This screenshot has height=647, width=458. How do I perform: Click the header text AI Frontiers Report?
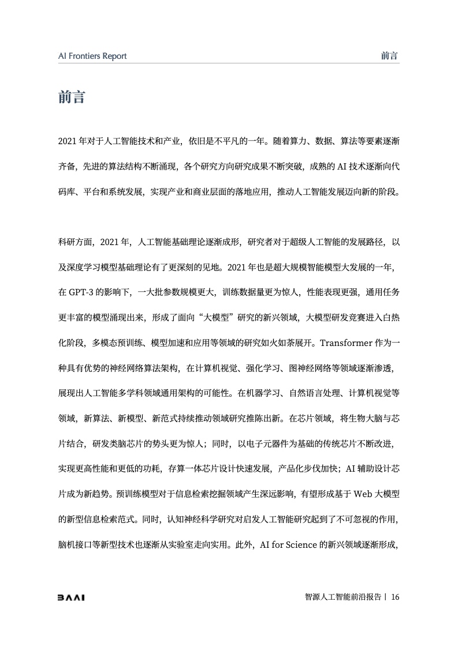click(92, 56)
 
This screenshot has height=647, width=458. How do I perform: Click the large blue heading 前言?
click(72, 97)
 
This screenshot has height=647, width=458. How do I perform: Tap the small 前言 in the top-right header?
click(390, 56)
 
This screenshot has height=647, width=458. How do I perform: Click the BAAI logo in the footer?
click(72, 597)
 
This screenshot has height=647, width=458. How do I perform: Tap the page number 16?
click(395, 597)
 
